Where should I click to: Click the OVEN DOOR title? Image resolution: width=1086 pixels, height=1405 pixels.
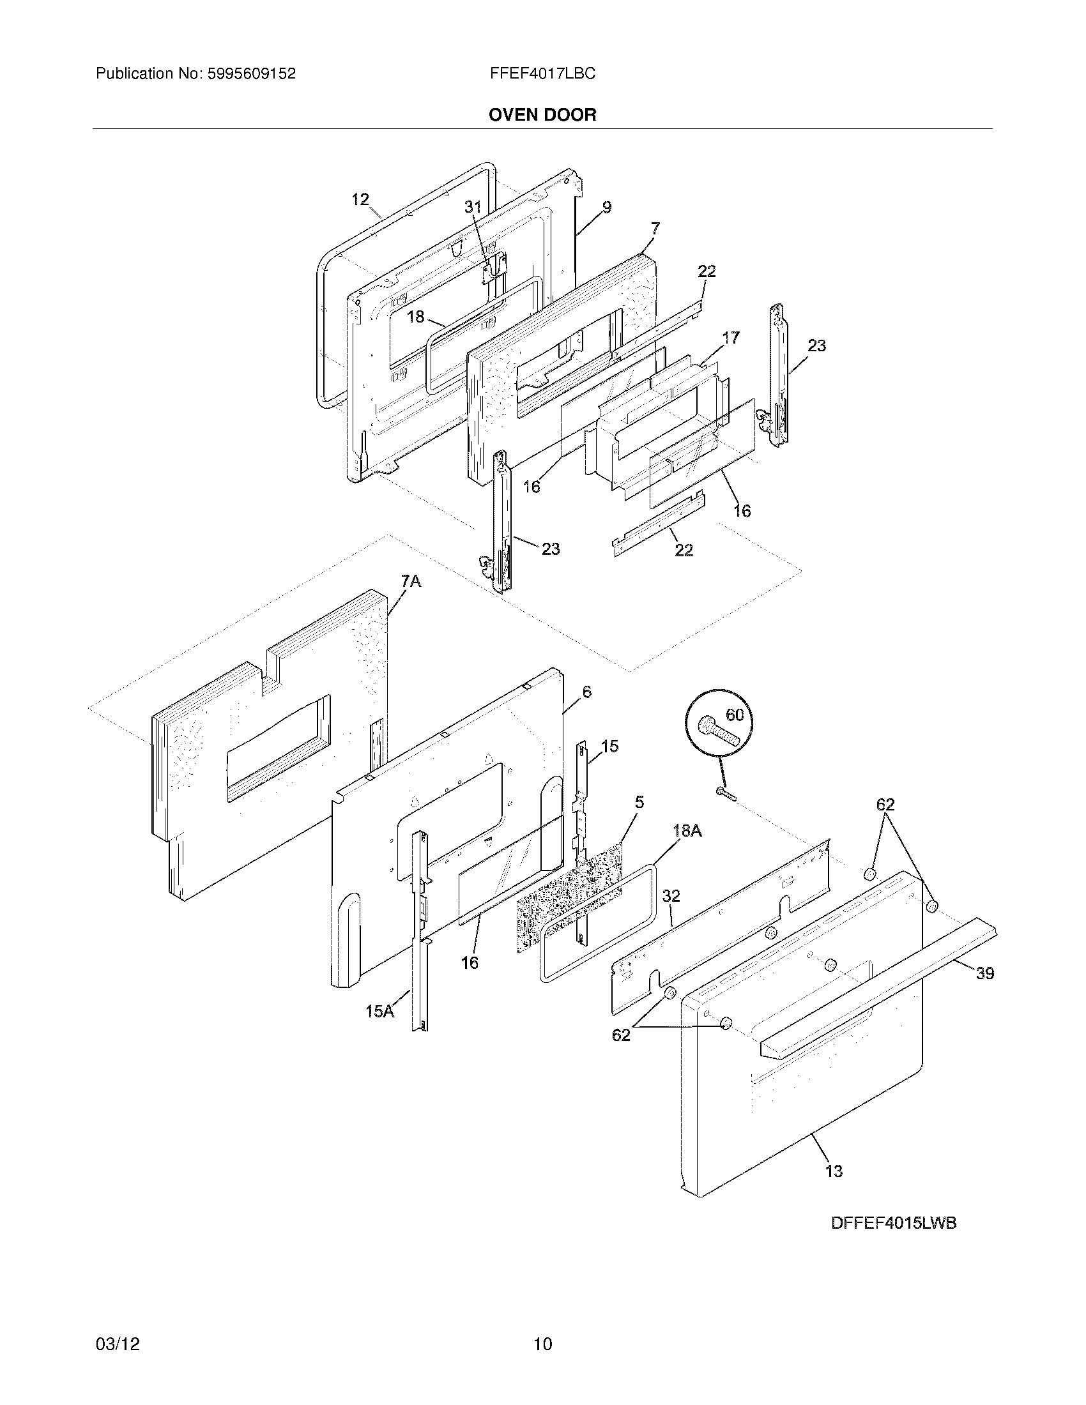pos(542,115)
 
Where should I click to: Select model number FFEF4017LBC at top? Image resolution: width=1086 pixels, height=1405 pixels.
pos(542,74)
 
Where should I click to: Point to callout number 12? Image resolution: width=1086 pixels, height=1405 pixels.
pos(360,199)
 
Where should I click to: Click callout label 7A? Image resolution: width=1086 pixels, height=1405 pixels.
pos(411,582)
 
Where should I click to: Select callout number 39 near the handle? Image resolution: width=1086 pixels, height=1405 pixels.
pos(985,973)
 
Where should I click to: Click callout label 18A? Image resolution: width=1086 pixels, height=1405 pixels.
pos(687,830)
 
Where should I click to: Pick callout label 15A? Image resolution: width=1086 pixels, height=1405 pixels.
pos(379,1012)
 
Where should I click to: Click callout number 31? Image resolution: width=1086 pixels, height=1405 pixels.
pos(473,206)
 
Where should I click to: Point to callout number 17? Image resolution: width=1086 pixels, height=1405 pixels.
pos(731,337)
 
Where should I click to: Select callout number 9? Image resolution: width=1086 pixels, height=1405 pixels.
pos(607,207)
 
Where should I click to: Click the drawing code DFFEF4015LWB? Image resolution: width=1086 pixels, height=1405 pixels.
pos(894,1223)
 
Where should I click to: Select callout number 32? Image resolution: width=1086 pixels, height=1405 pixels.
pos(671,895)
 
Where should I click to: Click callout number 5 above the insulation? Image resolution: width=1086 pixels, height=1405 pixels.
pos(639,801)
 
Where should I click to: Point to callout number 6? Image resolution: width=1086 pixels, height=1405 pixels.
pos(586,692)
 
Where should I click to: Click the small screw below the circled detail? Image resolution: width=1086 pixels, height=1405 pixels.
pos(725,795)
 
